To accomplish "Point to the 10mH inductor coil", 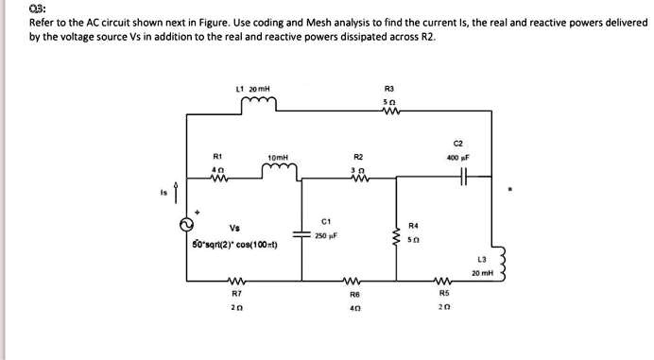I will click(280, 170).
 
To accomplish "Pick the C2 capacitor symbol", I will click(461, 177).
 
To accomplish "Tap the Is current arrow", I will click(173, 196).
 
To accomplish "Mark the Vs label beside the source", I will click(233, 227).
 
